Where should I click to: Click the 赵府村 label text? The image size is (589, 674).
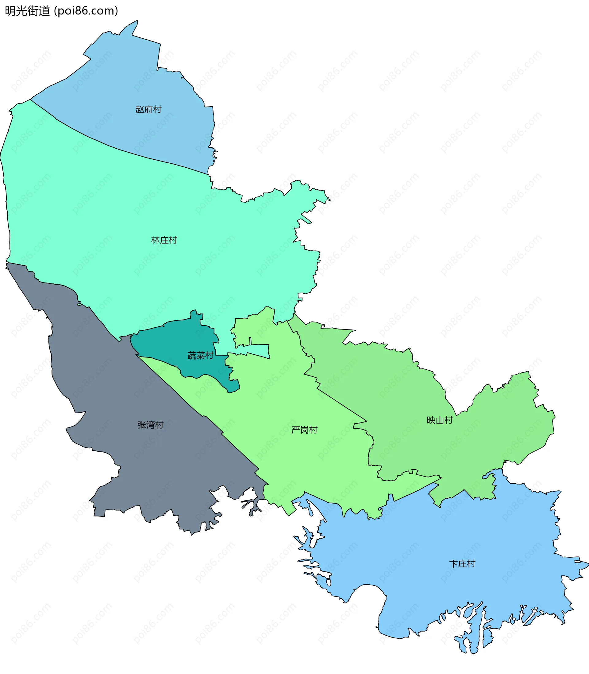tap(148, 109)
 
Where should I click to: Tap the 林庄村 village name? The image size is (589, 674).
tap(164, 240)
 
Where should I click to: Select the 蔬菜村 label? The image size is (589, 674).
tap(200, 355)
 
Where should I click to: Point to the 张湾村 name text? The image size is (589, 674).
tap(150, 425)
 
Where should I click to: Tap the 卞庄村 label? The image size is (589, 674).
tap(462, 563)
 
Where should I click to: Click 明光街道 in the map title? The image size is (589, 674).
tap(27, 11)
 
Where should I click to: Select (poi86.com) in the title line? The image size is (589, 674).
tap(86, 11)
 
